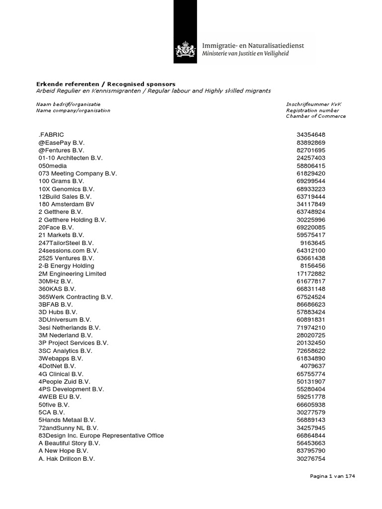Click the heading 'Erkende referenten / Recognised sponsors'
coord(106,84)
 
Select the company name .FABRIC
coord(51,135)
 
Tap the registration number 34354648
coord(311,135)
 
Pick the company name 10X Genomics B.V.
coord(66,189)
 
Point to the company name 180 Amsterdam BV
coord(66,204)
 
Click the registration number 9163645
coord(313,243)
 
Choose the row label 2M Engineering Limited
coord(72,274)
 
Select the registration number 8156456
coord(313,266)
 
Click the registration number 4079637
coord(313,366)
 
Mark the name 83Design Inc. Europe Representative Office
coord(101,436)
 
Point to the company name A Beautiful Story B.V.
coord(70,443)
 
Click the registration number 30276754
coord(311,459)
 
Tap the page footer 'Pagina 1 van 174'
coord(333,476)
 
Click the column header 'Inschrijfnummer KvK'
coord(313,104)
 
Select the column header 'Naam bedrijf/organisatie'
coord(69,104)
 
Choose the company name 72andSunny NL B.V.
coord(68,428)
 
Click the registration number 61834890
coord(311,358)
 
